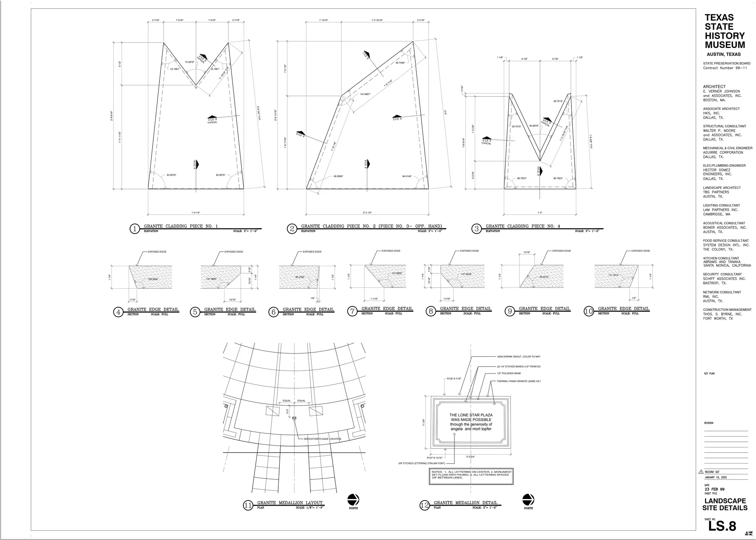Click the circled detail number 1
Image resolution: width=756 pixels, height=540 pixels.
coord(135,229)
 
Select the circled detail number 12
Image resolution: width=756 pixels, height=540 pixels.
coord(425,505)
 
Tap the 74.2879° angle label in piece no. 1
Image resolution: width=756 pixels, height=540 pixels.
coord(189,62)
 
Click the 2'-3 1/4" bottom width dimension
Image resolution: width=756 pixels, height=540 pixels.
coord(367,213)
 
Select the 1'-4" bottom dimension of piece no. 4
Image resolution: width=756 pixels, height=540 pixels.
coord(540,213)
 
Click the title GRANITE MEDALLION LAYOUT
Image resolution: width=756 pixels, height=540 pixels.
coord(290,502)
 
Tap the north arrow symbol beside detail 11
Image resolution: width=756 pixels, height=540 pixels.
coord(353,500)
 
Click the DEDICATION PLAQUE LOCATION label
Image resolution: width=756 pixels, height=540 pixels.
coord(322,439)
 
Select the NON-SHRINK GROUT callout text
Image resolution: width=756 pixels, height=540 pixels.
coord(519,357)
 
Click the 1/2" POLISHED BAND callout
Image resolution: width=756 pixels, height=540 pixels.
coord(509,374)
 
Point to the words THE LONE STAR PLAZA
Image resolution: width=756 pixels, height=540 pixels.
coord(471,415)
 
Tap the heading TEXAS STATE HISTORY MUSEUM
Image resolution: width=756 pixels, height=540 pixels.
coord(724,31)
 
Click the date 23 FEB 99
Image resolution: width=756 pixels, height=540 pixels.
coord(714,489)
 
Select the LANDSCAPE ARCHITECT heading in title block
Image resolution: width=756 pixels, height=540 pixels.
coord(722,188)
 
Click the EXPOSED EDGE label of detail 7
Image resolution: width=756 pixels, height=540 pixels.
coord(391,251)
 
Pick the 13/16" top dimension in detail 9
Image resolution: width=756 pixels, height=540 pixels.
coord(527,252)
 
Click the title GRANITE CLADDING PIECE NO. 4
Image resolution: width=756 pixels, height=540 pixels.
coord(523,226)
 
